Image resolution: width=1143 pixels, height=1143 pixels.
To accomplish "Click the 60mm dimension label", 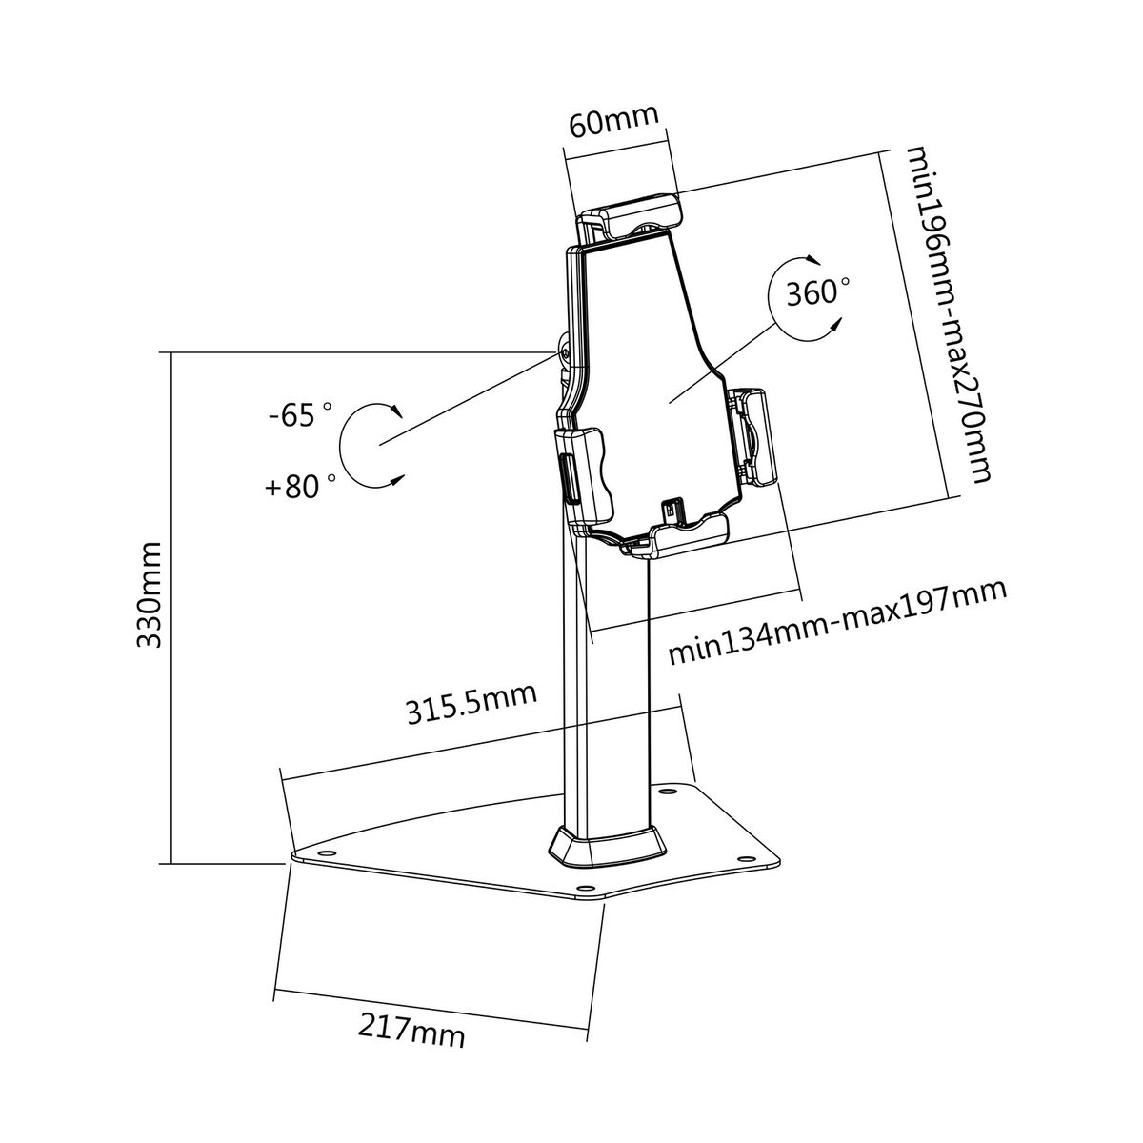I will (x=613, y=122).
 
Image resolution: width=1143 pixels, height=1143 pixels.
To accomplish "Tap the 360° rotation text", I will (x=817, y=293).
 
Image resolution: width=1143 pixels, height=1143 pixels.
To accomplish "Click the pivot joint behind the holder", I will (x=565, y=352).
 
